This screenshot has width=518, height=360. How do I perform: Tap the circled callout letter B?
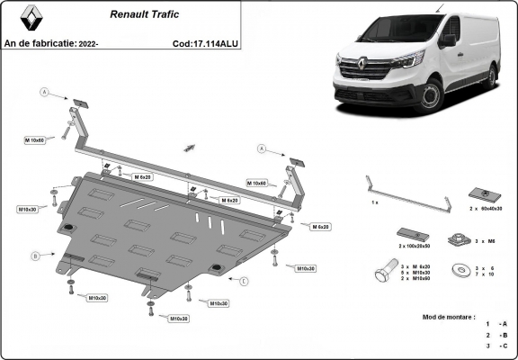(x=36, y=256)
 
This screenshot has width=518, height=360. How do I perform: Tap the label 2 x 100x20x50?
(x=415, y=245)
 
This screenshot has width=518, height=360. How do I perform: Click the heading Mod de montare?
(x=450, y=317)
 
